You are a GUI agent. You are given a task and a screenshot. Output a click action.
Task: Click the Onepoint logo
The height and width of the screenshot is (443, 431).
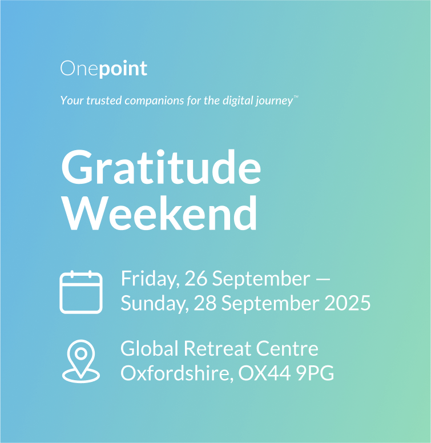tap(104, 69)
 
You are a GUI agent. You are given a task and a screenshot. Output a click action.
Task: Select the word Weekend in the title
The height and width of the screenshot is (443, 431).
tap(159, 214)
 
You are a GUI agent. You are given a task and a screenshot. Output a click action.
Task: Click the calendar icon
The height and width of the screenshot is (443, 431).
tap(81, 292)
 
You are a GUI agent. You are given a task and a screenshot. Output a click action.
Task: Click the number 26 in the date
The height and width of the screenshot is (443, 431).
tap(196, 279)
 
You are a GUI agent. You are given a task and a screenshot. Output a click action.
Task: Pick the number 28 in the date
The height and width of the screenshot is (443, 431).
tap(205, 303)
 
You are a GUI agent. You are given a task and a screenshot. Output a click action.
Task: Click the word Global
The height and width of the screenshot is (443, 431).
tap(150, 348)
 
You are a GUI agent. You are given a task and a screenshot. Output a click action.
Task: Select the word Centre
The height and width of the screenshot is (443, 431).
tap(287, 348)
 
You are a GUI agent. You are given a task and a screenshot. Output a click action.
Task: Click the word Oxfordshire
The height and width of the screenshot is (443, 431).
tap(177, 373)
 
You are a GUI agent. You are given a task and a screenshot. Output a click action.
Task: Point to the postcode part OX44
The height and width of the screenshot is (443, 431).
tap(265, 373)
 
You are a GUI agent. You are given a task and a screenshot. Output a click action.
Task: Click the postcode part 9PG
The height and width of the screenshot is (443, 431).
tap(315, 373)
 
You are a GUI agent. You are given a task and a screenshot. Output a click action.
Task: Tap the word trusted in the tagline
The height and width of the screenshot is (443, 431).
tap(104, 100)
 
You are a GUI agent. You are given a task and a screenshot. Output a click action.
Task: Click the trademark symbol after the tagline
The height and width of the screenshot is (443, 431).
tap(296, 96)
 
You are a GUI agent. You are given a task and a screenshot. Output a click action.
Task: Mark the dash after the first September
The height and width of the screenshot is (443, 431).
tap(323, 279)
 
